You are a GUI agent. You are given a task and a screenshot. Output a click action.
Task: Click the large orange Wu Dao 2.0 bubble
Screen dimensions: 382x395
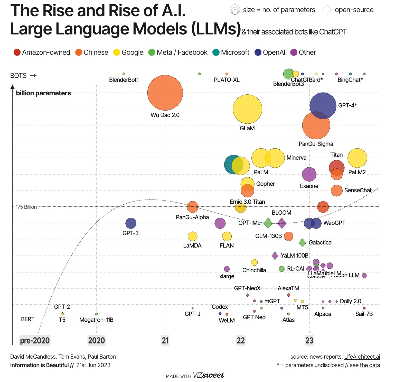(165, 93)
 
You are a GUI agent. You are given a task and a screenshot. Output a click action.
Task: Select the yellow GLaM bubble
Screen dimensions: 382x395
(247, 109)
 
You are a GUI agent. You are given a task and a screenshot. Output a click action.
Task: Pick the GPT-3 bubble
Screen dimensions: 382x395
(131, 223)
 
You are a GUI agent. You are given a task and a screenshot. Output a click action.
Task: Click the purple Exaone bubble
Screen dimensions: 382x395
(309, 174)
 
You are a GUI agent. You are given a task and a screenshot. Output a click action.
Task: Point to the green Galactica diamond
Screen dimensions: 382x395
(302, 242)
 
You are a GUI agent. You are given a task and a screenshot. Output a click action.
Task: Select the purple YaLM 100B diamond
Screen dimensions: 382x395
(275, 256)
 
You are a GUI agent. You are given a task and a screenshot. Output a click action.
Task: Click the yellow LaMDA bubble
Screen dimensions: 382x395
(192, 236)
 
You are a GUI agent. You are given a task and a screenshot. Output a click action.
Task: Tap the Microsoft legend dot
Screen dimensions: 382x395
(216, 52)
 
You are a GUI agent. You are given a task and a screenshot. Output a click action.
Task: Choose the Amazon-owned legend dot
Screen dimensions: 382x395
(17, 52)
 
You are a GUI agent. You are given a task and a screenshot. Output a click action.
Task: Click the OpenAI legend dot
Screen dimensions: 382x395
(258, 52)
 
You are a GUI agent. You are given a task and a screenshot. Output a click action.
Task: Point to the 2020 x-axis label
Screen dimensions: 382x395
(96, 341)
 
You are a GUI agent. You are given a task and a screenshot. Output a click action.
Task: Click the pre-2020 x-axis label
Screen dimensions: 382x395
(35, 341)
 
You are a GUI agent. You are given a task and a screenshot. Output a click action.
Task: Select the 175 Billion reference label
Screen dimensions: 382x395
(26, 207)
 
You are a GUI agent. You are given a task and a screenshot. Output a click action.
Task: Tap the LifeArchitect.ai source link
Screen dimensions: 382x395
(362, 357)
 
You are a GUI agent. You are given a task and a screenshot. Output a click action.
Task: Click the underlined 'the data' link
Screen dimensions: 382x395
(370, 365)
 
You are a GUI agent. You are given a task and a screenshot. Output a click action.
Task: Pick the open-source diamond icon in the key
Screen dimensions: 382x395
(327, 10)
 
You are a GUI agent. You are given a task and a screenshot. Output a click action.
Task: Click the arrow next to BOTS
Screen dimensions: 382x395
(33, 76)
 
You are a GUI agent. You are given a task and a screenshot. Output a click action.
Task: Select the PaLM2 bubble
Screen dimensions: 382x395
(357, 158)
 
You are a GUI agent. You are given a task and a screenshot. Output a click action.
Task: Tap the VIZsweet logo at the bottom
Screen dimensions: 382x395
(208, 375)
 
